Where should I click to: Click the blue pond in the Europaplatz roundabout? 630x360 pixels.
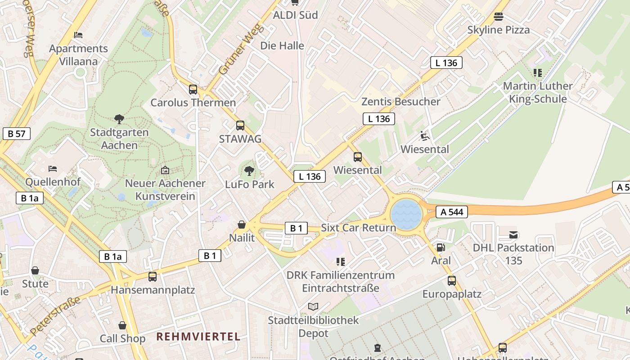[406, 214]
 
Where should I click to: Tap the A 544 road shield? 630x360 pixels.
[452, 212]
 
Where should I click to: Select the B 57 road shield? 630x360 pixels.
[17, 134]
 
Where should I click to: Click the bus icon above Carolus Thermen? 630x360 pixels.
[193, 89]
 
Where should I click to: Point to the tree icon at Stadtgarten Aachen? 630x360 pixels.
[119, 119]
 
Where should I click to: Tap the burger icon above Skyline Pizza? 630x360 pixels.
[498, 17]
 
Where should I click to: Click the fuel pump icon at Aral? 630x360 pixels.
[441, 247]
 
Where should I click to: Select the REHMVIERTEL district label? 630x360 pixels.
[198, 336]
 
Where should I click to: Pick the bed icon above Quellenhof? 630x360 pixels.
[53, 169]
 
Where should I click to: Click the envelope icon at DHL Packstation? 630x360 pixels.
[513, 234]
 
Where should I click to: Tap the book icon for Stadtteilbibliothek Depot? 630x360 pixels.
[313, 306]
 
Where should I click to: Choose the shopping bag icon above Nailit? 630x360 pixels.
[242, 225]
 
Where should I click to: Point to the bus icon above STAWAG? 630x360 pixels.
[240, 126]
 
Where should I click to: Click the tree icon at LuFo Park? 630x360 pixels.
[249, 171]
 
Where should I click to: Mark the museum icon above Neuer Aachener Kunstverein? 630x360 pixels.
[165, 170]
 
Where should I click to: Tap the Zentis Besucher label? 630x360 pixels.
[400, 102]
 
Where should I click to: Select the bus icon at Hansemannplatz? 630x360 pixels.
[153, 276]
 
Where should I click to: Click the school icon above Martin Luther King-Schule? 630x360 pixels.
[537, 72]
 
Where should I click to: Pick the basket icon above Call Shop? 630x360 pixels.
[122, 325]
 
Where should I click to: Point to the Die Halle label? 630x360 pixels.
[282, 46]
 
